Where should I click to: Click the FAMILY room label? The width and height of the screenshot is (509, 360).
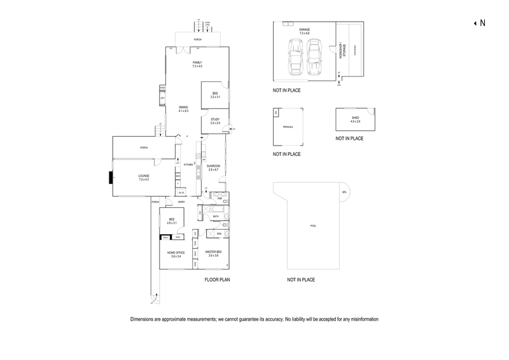(x=197, y=62)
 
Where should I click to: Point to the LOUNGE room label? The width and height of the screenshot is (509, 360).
(x=143, y=178)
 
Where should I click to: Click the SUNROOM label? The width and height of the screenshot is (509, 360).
(x=213, y=167)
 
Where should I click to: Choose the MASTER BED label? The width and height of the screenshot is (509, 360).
(x=214, y=253)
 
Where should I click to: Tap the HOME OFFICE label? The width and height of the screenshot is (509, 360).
(x=174, y=254)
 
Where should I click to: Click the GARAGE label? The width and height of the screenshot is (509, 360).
(x=304, y=30)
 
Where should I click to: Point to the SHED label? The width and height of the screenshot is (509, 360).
(x=355, y=118)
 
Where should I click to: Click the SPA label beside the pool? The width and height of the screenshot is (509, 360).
(x=344, y=191)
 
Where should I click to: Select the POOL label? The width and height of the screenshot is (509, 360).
(x=312, y=226)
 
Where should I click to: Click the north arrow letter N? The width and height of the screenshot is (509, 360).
(x=482, y=24)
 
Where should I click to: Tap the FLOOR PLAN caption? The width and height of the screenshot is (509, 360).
(x=216, y=279)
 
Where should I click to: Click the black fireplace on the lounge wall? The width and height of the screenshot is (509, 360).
(x=111, y=179)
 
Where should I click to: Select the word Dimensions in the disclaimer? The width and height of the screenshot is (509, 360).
(x=143, y=319)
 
